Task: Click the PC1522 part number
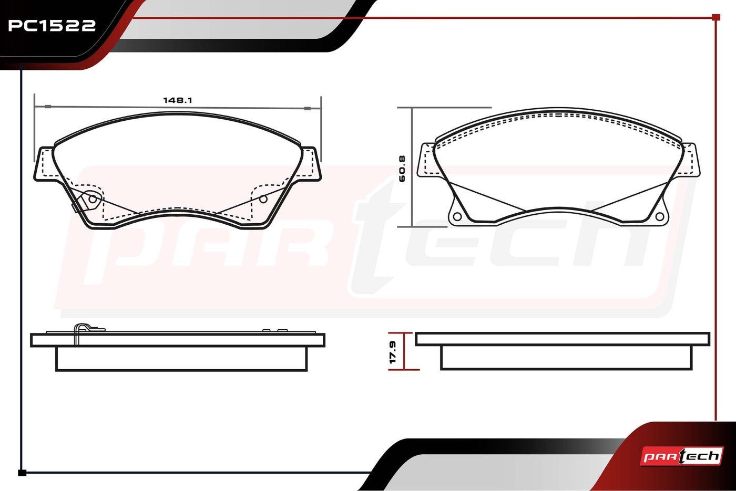[x=52, y=25]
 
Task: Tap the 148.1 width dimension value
[x=178, y=100]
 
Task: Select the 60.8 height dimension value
[x=402, y=169]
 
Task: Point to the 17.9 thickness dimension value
[x=393, y=352]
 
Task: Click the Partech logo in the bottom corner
[x=682, y=456]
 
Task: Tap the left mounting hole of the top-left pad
[x=93, y=199]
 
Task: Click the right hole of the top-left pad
[x=263, y=199]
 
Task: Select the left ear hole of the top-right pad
[x=457, y=216]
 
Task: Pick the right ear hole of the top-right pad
[x=659, y=216]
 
